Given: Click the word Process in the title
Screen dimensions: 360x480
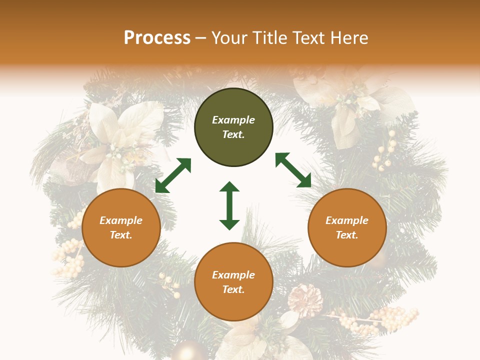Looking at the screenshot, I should tap(157, 38).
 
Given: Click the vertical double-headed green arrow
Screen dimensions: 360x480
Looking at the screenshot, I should tap(229, 205).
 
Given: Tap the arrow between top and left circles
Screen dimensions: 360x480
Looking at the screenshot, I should tap(173, 175).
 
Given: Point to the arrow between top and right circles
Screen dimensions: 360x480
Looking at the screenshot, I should tap(293, 170).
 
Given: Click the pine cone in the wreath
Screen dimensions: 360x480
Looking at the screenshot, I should tap(305, 300).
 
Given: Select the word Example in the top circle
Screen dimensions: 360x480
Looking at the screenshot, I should tap(233, 120).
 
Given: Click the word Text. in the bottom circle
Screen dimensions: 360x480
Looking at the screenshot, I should tap(233, 289).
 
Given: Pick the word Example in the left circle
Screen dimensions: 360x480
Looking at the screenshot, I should tap(121, 220).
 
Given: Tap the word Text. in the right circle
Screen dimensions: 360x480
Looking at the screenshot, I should tap(347, 235).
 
